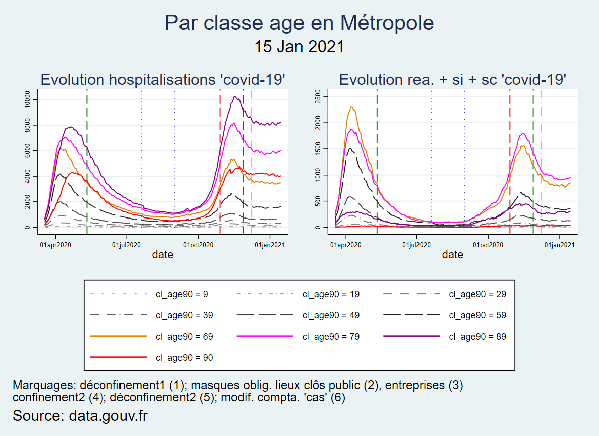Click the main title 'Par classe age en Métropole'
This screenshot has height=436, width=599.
299,23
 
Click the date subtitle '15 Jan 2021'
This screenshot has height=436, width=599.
299,47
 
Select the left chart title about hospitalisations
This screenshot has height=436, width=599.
163,80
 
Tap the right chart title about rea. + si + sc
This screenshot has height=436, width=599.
453,80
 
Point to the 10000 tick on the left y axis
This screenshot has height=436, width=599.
27,99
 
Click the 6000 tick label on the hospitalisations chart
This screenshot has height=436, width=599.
27,151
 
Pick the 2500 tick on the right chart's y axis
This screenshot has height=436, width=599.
318,96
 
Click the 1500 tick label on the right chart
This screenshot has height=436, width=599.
318,149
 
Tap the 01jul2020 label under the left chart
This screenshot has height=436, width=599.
127,245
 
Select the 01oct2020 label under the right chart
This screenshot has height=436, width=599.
488,245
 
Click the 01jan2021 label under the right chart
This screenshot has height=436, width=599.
559,245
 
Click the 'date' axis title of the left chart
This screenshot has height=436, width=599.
163,255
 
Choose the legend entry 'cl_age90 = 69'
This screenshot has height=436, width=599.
184,337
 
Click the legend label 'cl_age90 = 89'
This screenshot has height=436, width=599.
477,337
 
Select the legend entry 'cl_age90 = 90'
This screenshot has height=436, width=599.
184,358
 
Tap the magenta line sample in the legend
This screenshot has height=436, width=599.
265,336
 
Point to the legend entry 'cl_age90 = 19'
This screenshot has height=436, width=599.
331,294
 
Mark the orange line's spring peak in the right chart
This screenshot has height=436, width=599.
351,107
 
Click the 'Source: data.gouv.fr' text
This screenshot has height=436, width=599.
80,416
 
